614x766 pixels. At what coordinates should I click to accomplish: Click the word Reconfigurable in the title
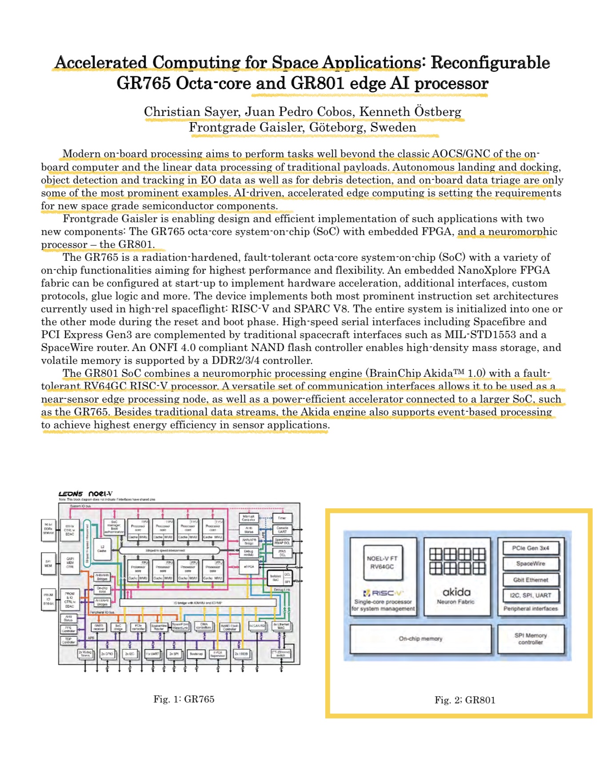tap(490, 63)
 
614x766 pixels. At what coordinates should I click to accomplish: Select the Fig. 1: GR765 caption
tap(184, 699)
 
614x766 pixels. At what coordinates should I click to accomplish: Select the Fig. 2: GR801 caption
tap(465, 700)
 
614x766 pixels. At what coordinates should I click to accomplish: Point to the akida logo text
tap(456, 592)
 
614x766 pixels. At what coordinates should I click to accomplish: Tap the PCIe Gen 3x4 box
tap(530, 548)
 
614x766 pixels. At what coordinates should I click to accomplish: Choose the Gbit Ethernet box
tap(530, 580)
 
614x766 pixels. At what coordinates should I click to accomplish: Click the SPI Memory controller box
tap(530, 639)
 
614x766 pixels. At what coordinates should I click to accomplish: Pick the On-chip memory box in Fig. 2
tap(421, 639)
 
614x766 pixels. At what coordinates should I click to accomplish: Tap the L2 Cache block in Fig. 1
tap(102, 549)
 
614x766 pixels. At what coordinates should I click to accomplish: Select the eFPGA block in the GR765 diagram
tap(249, 567)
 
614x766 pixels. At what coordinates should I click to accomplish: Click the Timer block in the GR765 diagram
tap(282, 518)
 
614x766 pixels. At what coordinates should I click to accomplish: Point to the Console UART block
tap(282, 530)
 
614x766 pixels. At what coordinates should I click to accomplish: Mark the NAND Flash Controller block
tap(230, 627)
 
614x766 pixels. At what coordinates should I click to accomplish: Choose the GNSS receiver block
tap(99, 627)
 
